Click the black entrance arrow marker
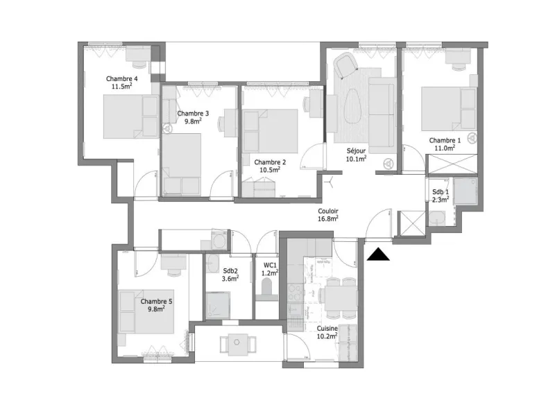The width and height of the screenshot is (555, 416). [x=378, y=254]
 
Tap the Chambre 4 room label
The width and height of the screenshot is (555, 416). [x=122, y=78]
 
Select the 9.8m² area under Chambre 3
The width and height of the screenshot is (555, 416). [x=193, y=121]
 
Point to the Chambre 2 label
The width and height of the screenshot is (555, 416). [x=270, y=162]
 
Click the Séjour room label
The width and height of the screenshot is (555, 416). [x=356, y=150]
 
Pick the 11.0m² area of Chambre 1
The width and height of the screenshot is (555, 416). [x=445, y=148]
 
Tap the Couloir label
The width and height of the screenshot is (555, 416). [x=327, y=211]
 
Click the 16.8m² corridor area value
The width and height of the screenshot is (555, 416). [x=327, y=218]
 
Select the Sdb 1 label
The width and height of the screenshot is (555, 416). [x=441, y=192]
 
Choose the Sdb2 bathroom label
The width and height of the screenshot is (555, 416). [x=230, y=271]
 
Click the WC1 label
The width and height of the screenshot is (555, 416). [x=270, y=266]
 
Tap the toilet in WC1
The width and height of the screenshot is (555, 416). [x=266, y=286]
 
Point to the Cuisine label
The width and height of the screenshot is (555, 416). [x=327, y=329]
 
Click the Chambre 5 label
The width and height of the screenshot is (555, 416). [x=156, y=302]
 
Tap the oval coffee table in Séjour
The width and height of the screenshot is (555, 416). [x=352, y=106]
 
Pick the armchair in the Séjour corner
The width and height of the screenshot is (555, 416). [x=345, y=65]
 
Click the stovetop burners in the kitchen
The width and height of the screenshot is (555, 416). [x=294, y=292]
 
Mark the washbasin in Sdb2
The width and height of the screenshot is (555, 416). [x=213, y=264]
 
